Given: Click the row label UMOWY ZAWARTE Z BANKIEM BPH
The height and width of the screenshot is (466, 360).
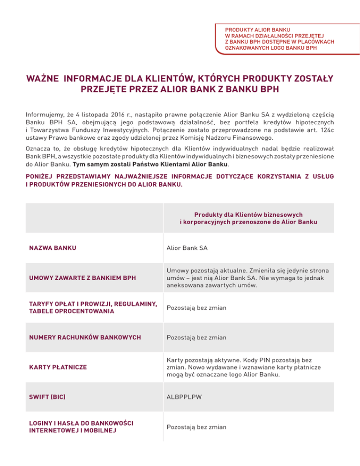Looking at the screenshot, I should (x=76, y=278).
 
